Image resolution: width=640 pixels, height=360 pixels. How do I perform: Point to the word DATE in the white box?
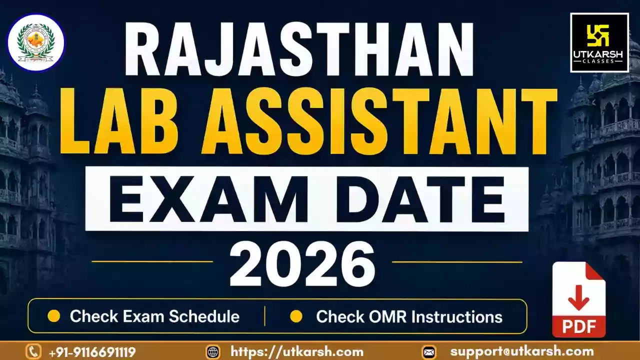point(420,199)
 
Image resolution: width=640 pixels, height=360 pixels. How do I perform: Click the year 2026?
point(302,264)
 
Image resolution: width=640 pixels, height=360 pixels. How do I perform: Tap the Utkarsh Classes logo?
point(599,42)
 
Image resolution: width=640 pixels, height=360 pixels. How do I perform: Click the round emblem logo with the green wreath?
point(36,43)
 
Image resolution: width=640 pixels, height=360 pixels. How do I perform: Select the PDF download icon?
point(579,299)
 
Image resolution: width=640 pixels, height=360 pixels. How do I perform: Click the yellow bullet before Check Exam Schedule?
point(53,316)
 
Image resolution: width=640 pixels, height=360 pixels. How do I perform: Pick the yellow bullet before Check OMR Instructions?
point(296,316)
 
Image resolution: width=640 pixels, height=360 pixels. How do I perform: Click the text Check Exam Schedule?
point(154,316)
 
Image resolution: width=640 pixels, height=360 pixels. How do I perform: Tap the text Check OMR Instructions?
point(409,316)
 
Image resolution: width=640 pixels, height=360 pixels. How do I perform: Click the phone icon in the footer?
point(33,351)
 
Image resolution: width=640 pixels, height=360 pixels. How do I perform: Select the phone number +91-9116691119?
point(92,351)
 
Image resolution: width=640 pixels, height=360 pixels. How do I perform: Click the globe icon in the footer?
point(213,351)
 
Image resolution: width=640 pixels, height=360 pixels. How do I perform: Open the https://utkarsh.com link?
point(297,351)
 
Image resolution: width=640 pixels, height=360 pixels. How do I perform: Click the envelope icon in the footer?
point(429,352)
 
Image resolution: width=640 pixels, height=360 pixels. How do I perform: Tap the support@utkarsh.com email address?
point(522,351)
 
